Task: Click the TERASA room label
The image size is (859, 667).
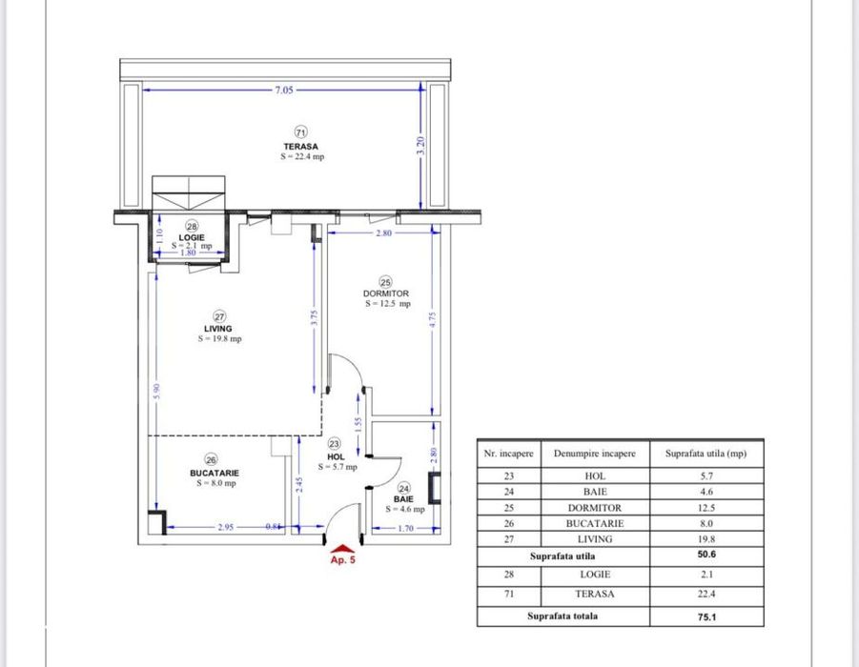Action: pos(300,147)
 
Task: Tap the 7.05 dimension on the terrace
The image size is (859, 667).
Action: pos(284,89)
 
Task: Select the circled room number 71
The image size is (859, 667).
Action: pos(300,132)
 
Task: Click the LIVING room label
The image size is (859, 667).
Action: pos(218,329)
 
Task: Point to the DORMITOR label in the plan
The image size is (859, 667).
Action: pos(385,293)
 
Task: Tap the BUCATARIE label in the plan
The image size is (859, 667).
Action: pos(215,472)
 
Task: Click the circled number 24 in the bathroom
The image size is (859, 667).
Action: pos(403,488)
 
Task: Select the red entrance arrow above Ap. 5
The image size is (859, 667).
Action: pos(342,547)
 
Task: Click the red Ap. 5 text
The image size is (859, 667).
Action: pos(342,561)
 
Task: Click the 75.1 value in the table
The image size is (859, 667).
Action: pos(706,616)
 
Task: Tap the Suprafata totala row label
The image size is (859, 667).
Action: pos(562,616)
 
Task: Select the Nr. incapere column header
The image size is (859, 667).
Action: pos(507,454)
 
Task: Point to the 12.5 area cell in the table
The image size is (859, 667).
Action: pos(706,508)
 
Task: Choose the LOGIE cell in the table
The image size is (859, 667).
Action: pos(595,574)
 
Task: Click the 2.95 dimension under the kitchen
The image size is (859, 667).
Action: pos(227,526)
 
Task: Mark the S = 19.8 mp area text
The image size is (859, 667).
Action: pos(220,339)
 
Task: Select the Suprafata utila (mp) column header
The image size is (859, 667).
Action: pos(706,454)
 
